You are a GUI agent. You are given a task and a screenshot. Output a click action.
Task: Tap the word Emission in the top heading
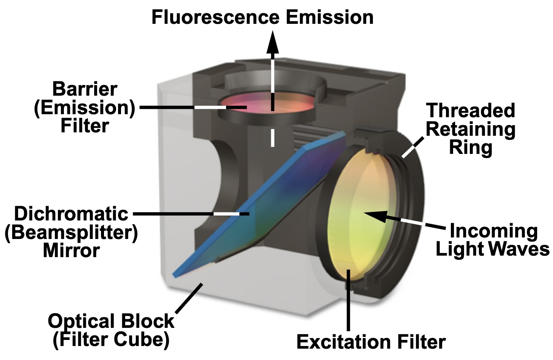tap(329, 17)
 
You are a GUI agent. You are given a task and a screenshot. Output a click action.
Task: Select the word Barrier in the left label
tap(85, 89)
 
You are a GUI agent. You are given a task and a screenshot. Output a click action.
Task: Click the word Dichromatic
tap(71, 214)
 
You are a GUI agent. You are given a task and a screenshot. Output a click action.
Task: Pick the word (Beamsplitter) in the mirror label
tap(71, 232)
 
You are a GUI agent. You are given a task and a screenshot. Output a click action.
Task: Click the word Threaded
tap(471, 110)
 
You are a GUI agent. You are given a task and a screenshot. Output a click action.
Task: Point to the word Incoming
tap(493, 231)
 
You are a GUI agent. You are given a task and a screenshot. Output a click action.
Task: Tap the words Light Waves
tap(492, 249)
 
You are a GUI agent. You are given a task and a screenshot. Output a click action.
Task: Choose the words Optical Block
tap(111, 321)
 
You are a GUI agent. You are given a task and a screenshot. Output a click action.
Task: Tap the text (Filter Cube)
tap(111, 339)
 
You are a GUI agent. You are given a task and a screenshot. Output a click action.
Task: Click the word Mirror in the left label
tap(71, 250)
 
